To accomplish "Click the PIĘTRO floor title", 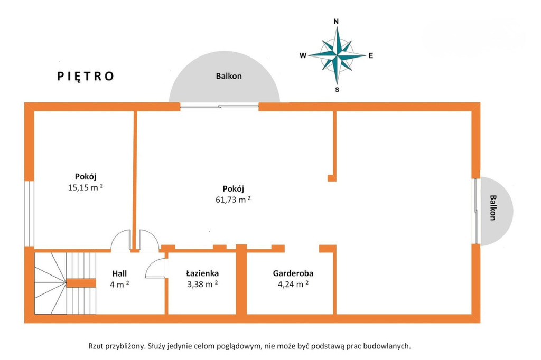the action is click(85, 76).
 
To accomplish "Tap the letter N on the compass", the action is click(336, 22).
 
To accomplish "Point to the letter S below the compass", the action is click(337, 90).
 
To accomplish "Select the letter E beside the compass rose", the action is click(370, 55).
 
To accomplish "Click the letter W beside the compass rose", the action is click(303, 55).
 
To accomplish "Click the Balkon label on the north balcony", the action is click(229, 76).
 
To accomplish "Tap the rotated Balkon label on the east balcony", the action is click(493, 207).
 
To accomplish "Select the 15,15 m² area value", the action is click(85, 187).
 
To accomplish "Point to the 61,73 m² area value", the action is click(233, 200).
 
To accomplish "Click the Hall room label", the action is click(119, 273).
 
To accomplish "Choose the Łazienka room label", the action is click(202, 273).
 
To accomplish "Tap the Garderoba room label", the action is click(293, 273).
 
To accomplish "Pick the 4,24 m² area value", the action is click(293, 285).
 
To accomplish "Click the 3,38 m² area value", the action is click(202, 285).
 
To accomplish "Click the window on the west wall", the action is click(29, 213).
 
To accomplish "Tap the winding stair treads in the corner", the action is click(50, 283).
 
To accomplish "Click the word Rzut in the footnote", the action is click(95, 346).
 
